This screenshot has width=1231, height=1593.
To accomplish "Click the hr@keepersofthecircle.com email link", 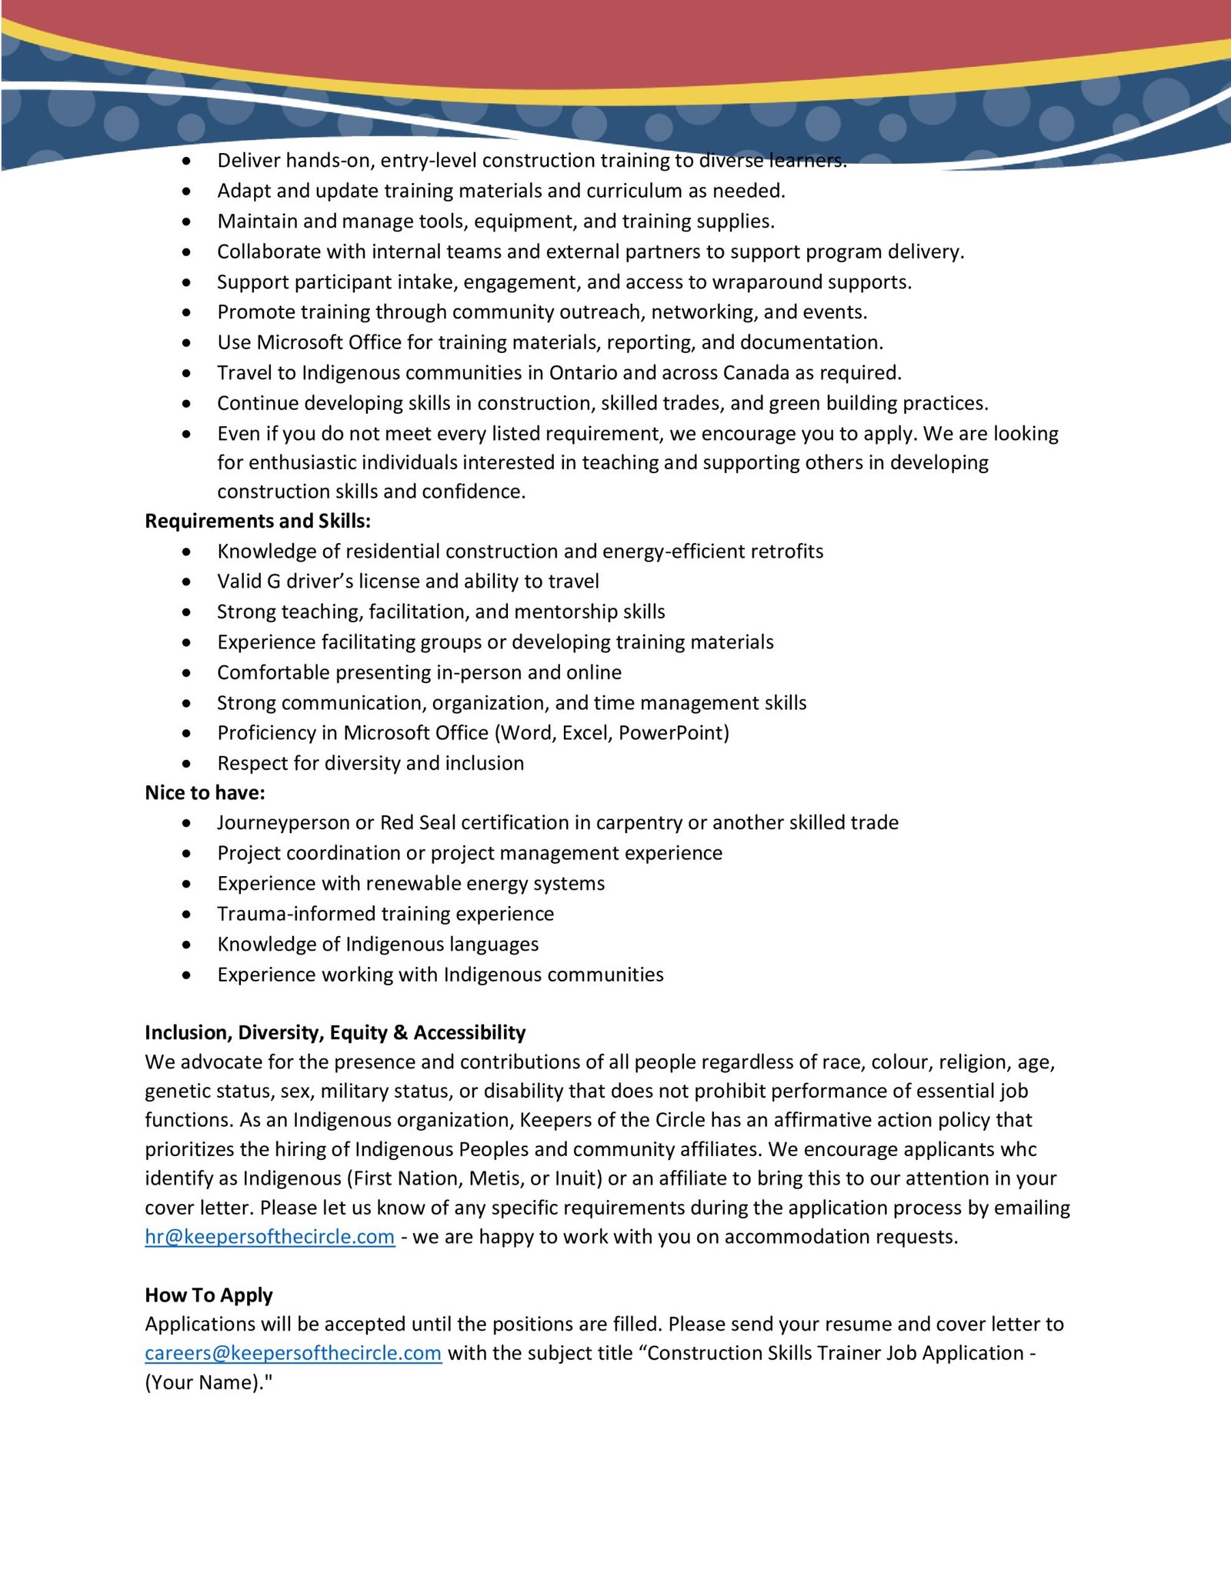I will point(269,1236).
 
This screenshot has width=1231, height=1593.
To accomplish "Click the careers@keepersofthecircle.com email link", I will point(293,1353).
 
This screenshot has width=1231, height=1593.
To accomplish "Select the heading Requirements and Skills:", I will point(258,521).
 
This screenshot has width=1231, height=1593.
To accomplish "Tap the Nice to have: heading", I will point(205,792).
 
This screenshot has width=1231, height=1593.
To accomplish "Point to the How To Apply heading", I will point(209,1295).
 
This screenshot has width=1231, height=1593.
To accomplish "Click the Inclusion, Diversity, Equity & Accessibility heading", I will point(335,1032).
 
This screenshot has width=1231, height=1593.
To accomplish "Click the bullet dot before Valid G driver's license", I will point(187,582).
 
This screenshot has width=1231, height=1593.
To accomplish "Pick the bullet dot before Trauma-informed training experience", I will point(187,914).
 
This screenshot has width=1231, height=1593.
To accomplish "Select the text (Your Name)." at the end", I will point(209,1382).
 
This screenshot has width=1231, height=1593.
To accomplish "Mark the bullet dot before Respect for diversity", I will point(187,763).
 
